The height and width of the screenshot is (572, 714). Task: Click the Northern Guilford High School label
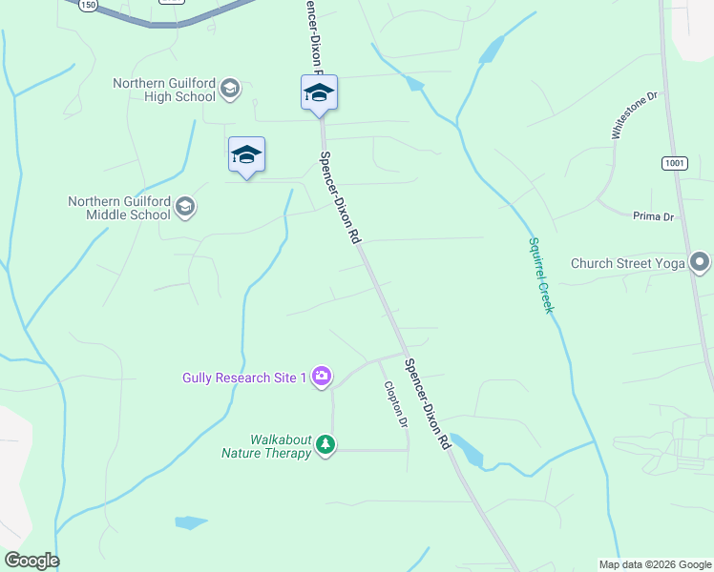(x=164, y=90)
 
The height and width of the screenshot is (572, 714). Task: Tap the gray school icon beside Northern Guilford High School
(x=229, y=90)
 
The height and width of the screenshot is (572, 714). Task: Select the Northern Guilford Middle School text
(x=119, y=208)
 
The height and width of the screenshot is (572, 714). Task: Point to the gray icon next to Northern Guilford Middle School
(x=185, y=207)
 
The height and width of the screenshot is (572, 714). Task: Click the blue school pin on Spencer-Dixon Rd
(x=319, y=93)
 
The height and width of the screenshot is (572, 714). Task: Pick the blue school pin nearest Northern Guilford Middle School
(x=246, y=155)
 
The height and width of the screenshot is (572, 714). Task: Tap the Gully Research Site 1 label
(x=244, y=378)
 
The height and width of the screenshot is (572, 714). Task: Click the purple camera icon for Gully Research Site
(x=322, y=378)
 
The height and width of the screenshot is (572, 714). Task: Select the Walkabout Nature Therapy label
(x=267, y=446)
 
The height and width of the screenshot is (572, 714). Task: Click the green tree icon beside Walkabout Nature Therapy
(x=325, y=445)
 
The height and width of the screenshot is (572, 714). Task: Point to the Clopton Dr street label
(x=395, y=404)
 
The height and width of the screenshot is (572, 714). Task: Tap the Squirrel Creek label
(x=540, y=275)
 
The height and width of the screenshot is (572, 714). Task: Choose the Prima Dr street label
(x=653, y=216)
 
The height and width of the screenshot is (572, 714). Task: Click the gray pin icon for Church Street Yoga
(x=700, y=262)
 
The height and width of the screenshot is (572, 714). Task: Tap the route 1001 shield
(x=674, y=163)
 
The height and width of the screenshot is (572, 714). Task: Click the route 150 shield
(x=88, y=5)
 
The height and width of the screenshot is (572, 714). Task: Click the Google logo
(x=31, y=561)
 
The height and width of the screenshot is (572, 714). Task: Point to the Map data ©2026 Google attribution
(x=654, y=564)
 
